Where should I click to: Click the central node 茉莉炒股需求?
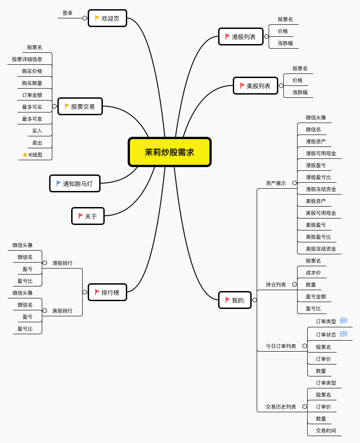[169, 152]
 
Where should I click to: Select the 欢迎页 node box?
[107, 18]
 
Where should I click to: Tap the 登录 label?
[67, 13]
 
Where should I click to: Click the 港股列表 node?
[241, 37]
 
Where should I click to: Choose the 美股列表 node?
[255, 86]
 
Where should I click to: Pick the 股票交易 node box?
[80, 107]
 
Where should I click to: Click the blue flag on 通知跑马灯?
[59, 183]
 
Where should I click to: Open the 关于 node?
[88, 216]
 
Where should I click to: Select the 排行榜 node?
[107, 292]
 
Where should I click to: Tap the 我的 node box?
[235, 300]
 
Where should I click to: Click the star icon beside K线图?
[25, 155]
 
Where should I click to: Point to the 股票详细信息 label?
[27, 59]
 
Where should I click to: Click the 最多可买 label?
[32, 107]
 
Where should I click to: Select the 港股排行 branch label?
[62, 263]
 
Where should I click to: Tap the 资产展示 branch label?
[276, 183]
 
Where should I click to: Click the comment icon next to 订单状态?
[343, 334]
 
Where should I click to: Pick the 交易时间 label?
[326, 431]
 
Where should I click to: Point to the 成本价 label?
[314, 273]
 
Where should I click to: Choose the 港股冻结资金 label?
[321, 189]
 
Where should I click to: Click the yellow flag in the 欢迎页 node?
[97, 18]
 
